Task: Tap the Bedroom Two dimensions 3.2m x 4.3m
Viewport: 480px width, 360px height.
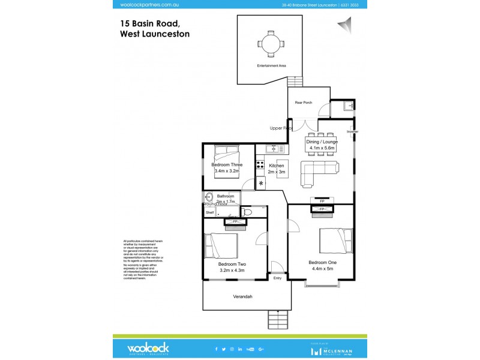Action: [232, 271]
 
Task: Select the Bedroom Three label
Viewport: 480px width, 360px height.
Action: [227, 164]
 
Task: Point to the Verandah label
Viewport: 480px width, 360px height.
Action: [242, 297]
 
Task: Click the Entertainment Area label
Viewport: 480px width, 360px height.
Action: [271, 65]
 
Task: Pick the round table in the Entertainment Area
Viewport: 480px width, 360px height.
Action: [270, 43]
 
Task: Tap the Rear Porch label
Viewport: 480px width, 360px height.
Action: [303, 103]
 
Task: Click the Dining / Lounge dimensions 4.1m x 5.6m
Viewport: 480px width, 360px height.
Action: [322, 148]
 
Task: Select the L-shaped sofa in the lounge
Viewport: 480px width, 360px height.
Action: [318, 171]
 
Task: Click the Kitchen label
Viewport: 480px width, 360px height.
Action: [276, 165]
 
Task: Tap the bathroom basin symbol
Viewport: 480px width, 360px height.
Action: [209, 196]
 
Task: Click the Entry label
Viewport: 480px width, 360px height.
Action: [277, 278]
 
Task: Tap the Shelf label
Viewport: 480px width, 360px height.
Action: [209, 212]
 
